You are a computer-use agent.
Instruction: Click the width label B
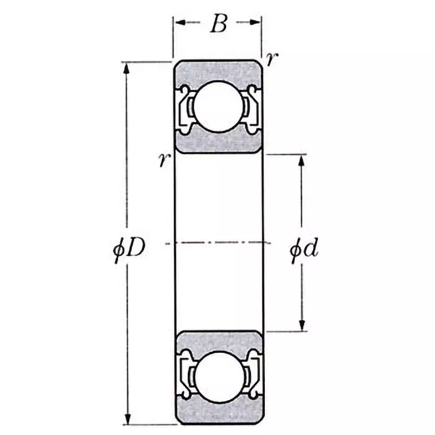[x=218, y=24]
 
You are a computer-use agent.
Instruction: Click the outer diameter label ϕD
[x=129, y=251]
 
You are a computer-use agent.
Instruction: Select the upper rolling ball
[x=218, y=106]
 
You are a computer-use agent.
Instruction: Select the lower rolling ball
[x=218, y=376]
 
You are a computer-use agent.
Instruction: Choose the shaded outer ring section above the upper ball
[x=218, y=70]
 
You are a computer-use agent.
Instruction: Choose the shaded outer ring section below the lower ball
[x=218, y=413]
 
